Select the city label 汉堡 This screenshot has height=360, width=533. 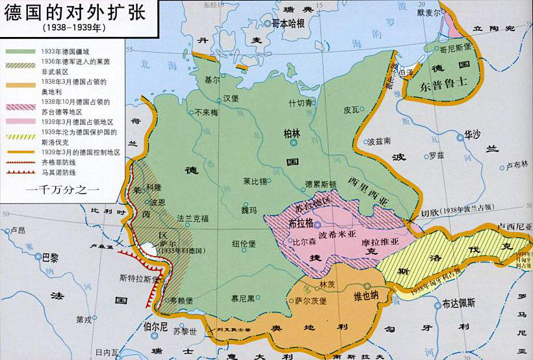click(231, 99)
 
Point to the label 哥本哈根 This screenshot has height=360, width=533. click(292, 23)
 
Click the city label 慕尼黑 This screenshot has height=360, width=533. click(243, 300)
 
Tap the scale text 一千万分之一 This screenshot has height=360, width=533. click(62, 191)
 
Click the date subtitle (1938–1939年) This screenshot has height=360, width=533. click(74, 29)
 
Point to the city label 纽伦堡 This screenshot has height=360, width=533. click(244, 244)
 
